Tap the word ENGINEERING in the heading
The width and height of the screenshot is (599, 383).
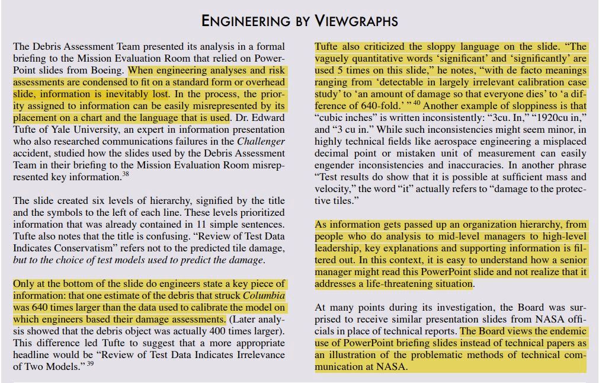click(244, 21)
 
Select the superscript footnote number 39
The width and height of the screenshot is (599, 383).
click(90, 363)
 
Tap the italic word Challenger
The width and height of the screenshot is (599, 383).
click(261, 142)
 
